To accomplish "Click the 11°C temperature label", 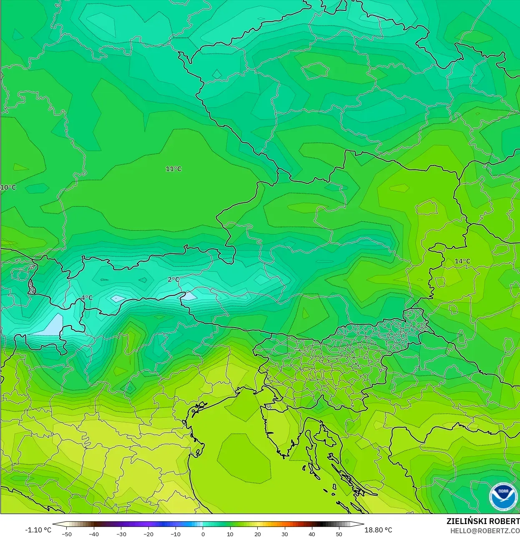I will pyautogui.click(x=173, y=169).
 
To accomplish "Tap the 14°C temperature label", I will pyautogui.click(x=462, y=261).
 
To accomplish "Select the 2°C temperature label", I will pyautogui.click(x=173, y=280).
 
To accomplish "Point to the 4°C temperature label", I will pyautogui.click(x=87, y=297).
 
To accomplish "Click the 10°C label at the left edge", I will pyautogui.click(x=8, y=187).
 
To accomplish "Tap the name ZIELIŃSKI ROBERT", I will pyautogui.click(x=483, y=521).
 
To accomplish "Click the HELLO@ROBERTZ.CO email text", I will pyautogui.click(x=485, y=531).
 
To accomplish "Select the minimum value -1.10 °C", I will pyautogui.click(x=38, y=530).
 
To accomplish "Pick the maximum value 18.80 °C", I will pyautogui.click(x=378, y=530).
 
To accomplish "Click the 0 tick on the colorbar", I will pyautogui.click(x=203, y=534).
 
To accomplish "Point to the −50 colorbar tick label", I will pyautogui.click(x=66, y=534).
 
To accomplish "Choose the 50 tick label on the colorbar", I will pyautogui.click(x=339, y=534).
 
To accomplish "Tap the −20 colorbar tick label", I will pyautogui.click(x=148, y=534).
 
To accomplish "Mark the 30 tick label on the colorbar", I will pyautogui.click(x=284, y=534).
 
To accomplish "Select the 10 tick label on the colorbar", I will pyautogui.click(x=230, y=534).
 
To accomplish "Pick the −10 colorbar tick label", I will pyautogui.click(x=175, y=534).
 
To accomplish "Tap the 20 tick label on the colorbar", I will pyautogui.click(x=257, y=534).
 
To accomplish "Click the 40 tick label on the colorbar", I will pyautogui.click(x=312, y=534).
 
